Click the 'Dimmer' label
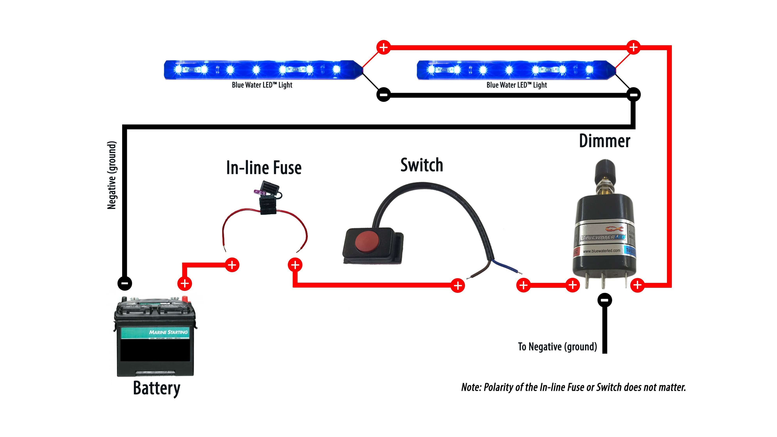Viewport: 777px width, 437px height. tap(605, 141)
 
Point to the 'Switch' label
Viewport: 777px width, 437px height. tap(422, 165)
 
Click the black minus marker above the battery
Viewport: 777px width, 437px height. tap(124, 283)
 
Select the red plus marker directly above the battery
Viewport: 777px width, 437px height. tap(185, 283)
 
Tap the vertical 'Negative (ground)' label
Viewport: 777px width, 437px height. tap(112, 175)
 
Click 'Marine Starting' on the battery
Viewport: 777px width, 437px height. tap(168, 332)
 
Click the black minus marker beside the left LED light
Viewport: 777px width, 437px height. tap(383, 95)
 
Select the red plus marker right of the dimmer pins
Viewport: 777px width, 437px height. tap(637, 285)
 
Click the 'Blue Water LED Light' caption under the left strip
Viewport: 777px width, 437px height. tap(262, 85)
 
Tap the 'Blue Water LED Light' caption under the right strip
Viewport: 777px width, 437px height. tap(516, 85)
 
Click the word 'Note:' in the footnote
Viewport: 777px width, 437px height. tap(471, 387)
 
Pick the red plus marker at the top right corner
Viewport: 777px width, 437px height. tap(633, 47)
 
